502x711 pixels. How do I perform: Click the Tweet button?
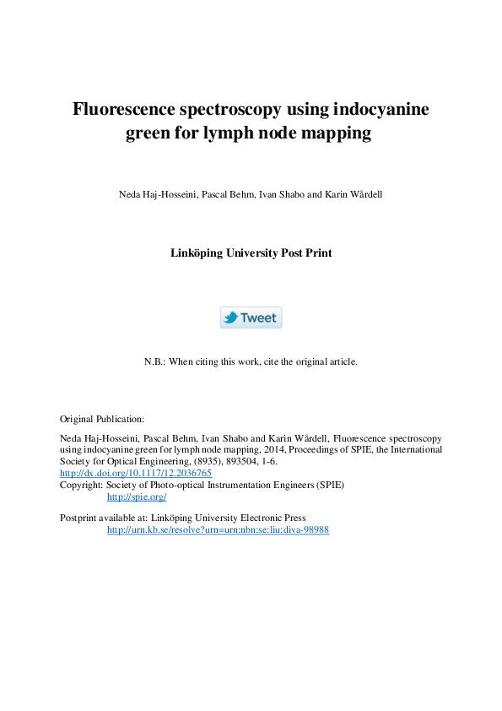(x=251, y=318)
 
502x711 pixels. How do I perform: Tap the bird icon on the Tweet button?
(x=230, y=318)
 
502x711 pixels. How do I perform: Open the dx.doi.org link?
(x=135, y=474)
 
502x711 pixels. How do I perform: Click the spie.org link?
(x=136, y=497)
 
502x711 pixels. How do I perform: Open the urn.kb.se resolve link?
(x=217, y=529)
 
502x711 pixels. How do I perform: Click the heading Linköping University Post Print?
(x=251, y=252)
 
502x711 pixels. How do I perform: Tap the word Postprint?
(x=79, y=518)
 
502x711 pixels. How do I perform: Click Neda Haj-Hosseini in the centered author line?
(x=154, y=195)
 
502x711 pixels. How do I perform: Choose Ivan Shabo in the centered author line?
(x=277, y=195)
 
